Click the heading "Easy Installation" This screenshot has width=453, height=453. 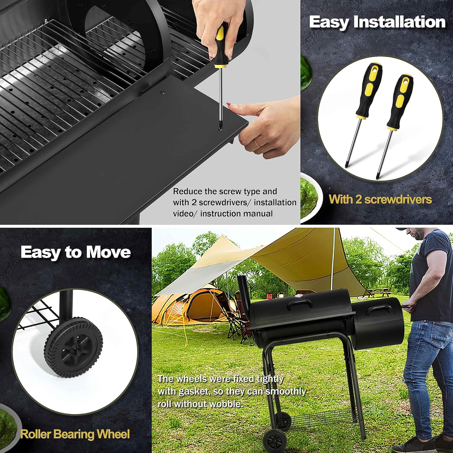377,22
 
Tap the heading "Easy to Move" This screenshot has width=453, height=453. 75,252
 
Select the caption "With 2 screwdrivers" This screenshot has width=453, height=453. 380,199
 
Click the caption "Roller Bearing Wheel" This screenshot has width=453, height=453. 75,434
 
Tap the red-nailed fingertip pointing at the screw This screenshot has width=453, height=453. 229,104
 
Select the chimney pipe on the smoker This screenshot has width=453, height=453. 244,290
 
